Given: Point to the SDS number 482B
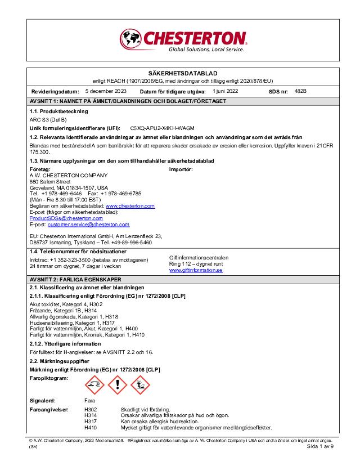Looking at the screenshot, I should tap(300, 91).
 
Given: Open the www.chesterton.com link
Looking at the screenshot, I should tap(130, 206).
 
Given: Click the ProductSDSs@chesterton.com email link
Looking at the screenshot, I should tap(62, 218).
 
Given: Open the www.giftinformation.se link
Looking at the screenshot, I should tap(196, 270).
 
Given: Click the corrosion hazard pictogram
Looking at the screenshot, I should tap(94, 385).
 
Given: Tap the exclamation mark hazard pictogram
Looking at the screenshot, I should tap(117, 385).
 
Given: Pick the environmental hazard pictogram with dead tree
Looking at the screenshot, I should tap(140, 385).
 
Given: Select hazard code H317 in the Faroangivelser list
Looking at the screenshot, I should tap(91, 421).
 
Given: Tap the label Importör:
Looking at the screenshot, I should tap(181, 169).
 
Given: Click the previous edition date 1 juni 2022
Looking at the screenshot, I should tap(226, 91).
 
